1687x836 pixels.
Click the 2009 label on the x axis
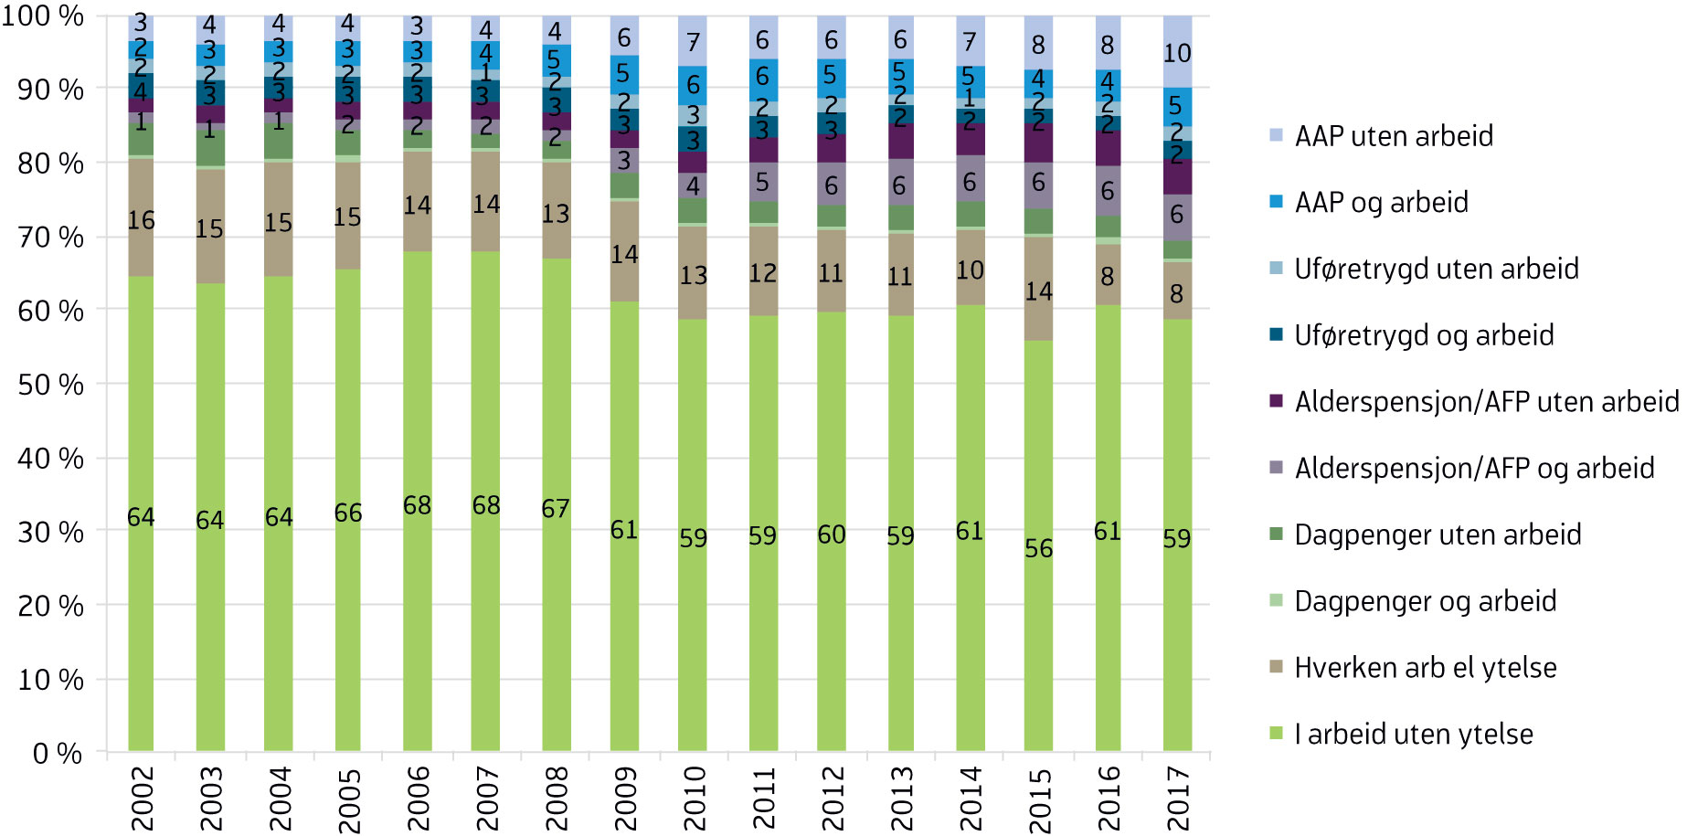point(625,798)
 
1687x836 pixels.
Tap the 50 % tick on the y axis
point(50,385)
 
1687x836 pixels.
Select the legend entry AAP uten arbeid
point(1394,136)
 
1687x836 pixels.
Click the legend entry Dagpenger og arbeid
point(1425,601)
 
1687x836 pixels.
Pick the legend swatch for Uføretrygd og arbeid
point(1277,335)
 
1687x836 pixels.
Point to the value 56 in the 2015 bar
point(1038,548)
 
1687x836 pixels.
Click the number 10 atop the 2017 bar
point(1177,53)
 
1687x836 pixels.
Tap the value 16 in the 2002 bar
point(141,220)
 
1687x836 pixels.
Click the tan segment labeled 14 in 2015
point(1038,291)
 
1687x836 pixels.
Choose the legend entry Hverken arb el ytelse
point(1425,668)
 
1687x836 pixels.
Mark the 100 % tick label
point(43,16)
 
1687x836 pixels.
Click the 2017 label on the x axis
point(1178,798)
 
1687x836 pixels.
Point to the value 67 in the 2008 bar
point(555,508)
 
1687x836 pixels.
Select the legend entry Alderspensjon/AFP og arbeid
point(1474,469)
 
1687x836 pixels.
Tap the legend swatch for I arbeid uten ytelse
point(1277,734)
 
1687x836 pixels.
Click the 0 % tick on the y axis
point(58,754)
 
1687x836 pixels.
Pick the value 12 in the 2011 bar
point(762,272)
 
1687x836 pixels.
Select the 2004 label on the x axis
point(280,798)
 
